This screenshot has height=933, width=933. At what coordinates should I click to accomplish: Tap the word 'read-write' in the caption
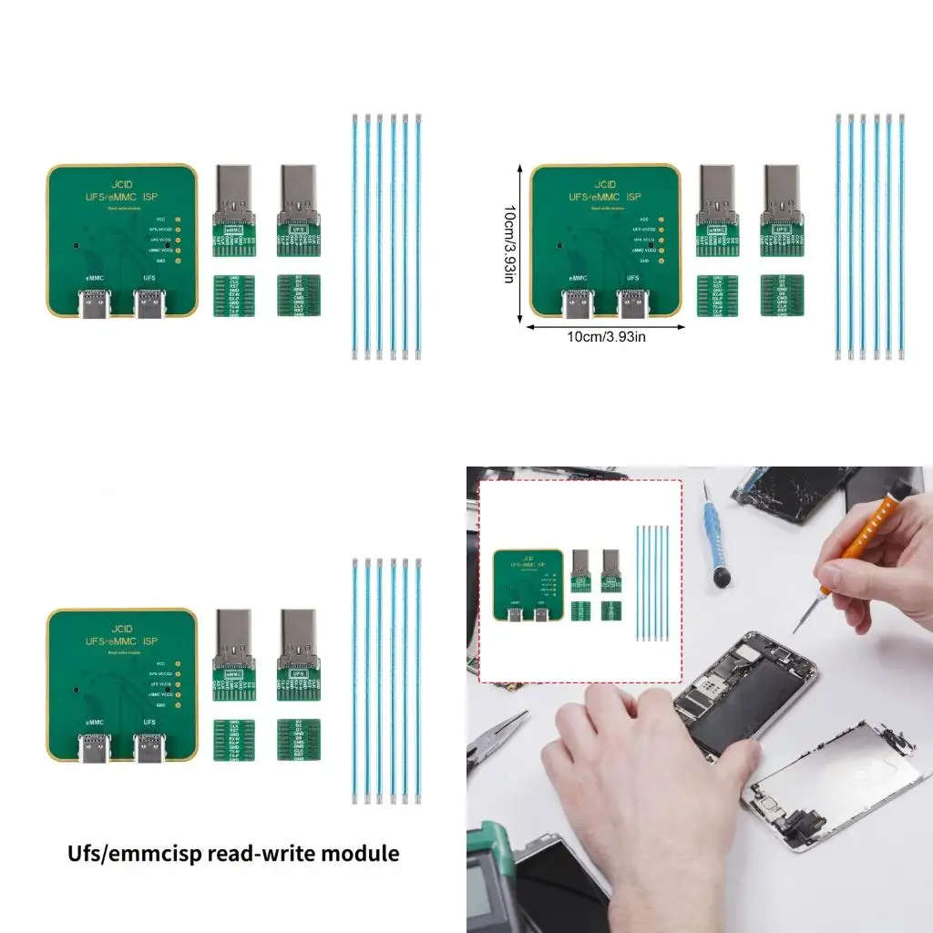[258, 854]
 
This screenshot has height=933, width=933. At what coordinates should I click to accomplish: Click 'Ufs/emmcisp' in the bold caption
[136, 854]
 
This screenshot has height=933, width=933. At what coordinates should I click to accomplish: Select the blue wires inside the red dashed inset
[652, 582]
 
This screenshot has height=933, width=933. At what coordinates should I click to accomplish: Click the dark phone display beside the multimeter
[556, 888]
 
